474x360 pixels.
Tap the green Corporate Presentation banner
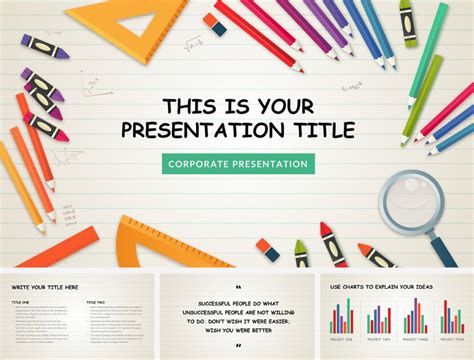tap(238, 163)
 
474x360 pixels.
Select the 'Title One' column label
tap(21, 302)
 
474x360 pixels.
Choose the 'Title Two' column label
tap(96, 302)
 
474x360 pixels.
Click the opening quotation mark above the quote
tap(238, 288)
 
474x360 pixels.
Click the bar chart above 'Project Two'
tap(379, 319)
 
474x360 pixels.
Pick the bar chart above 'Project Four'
tap(452, 319)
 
